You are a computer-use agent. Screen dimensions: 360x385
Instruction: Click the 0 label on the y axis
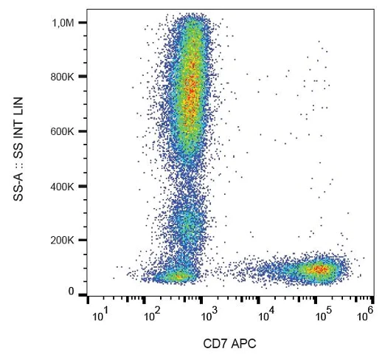click(72, 292)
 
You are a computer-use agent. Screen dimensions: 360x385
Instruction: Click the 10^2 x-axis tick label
click(153, 316)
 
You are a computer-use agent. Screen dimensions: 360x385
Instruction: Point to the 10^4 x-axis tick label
click(267, 316)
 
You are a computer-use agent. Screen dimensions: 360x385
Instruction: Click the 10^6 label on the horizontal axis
click(362, 316)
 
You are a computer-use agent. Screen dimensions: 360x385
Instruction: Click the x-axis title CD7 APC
click(229, 345)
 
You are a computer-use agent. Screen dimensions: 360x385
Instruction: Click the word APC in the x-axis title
click(243, 345)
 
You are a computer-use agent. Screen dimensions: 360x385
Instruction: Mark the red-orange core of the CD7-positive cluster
click(319, 270)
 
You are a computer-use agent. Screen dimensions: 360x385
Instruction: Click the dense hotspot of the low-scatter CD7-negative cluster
click(178, 276)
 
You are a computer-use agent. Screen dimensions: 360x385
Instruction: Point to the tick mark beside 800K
click(83, 77)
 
